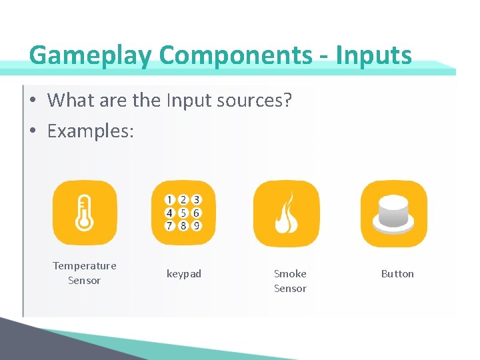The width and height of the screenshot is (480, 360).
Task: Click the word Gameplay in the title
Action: [91, 55]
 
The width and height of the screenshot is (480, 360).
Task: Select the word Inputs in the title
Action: [374, 55]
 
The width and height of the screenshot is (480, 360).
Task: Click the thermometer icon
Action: [84, 213]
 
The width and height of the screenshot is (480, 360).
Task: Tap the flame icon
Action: [286, 213]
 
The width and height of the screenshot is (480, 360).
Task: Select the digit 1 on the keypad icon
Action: [170, 200]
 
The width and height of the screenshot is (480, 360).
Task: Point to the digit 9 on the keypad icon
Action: [197, 225]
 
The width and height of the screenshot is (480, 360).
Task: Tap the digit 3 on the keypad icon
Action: [197, 200]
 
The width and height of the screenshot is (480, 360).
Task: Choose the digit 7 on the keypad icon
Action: [170, 225]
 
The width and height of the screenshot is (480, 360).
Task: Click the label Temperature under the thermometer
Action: [85, 266]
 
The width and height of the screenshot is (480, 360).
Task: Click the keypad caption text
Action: [184, 274]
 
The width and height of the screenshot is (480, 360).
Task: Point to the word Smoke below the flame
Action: [290, 274]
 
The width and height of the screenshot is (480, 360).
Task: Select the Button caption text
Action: [397, 274]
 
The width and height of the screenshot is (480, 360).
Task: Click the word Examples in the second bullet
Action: [91, 131]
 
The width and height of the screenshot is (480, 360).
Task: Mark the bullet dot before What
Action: [32, 101]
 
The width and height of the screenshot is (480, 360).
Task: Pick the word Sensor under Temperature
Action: [85, 281]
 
